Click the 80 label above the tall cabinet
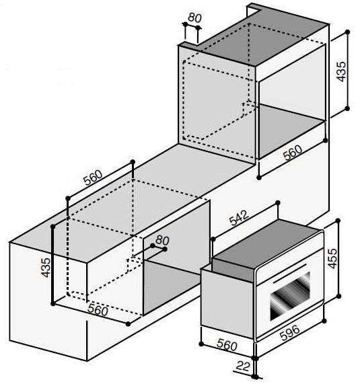(x=194, y=17)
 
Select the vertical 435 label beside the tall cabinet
(x=341, y=71)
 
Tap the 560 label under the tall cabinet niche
(x=293, y=152)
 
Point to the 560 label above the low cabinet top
(x=93, y=178)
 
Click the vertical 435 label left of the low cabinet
(x=46, y=268)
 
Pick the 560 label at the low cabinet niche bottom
(x=98, y=310)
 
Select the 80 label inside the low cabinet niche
(x=162, y=241)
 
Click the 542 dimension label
(x=239, y=218)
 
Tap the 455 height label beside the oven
(x=332, y=258)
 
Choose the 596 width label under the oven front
(x=289, y=333)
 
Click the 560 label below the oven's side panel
(x=227, y=345)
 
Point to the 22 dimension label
(x=243, y=366)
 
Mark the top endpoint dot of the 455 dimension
(x=338, y=221)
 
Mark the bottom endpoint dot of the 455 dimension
(x=339, y=296)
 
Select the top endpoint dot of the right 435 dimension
(x=347, y=32)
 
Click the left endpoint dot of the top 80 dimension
(x=185, y=24)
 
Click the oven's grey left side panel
(x=227, y=303)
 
